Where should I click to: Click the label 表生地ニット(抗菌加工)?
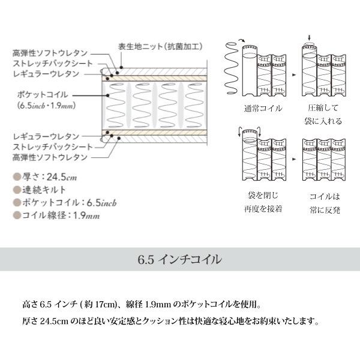[160, 47]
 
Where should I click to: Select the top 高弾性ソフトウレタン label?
[50, 53]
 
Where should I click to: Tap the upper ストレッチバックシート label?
[53, 64]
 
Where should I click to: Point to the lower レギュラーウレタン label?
[46, 137]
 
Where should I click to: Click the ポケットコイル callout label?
[43, 95]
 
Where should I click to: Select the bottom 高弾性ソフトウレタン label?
[50, 157]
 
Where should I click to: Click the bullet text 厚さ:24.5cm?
[49, 177]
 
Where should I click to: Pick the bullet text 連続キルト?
[44, 190]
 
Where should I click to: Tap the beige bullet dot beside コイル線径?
[17, 215]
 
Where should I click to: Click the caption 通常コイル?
[263, 108]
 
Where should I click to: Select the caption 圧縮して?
[323, 107]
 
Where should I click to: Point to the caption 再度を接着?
[263, 209]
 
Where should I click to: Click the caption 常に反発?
[325, 209]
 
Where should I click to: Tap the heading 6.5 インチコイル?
[180, 259]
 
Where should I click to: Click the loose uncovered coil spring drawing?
[232, 68]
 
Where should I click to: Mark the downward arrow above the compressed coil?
[309, 38]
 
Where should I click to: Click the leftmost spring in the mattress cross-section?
[116, 105]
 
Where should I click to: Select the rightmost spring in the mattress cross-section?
[194, 105]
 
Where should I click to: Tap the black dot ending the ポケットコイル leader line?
[107, 95]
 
